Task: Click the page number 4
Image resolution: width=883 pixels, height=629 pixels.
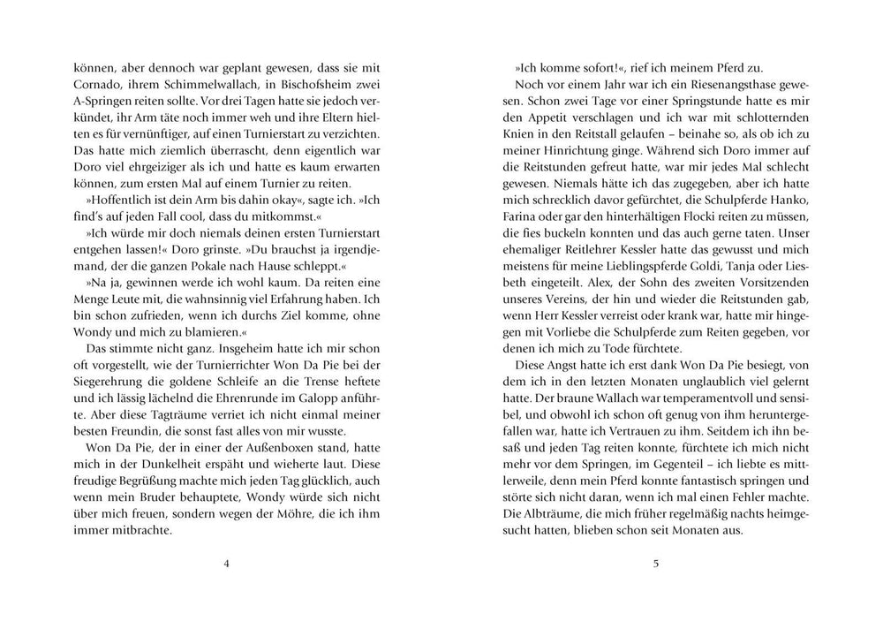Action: tap(227, 565)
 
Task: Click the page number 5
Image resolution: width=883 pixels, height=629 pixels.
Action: tap(655, 565)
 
